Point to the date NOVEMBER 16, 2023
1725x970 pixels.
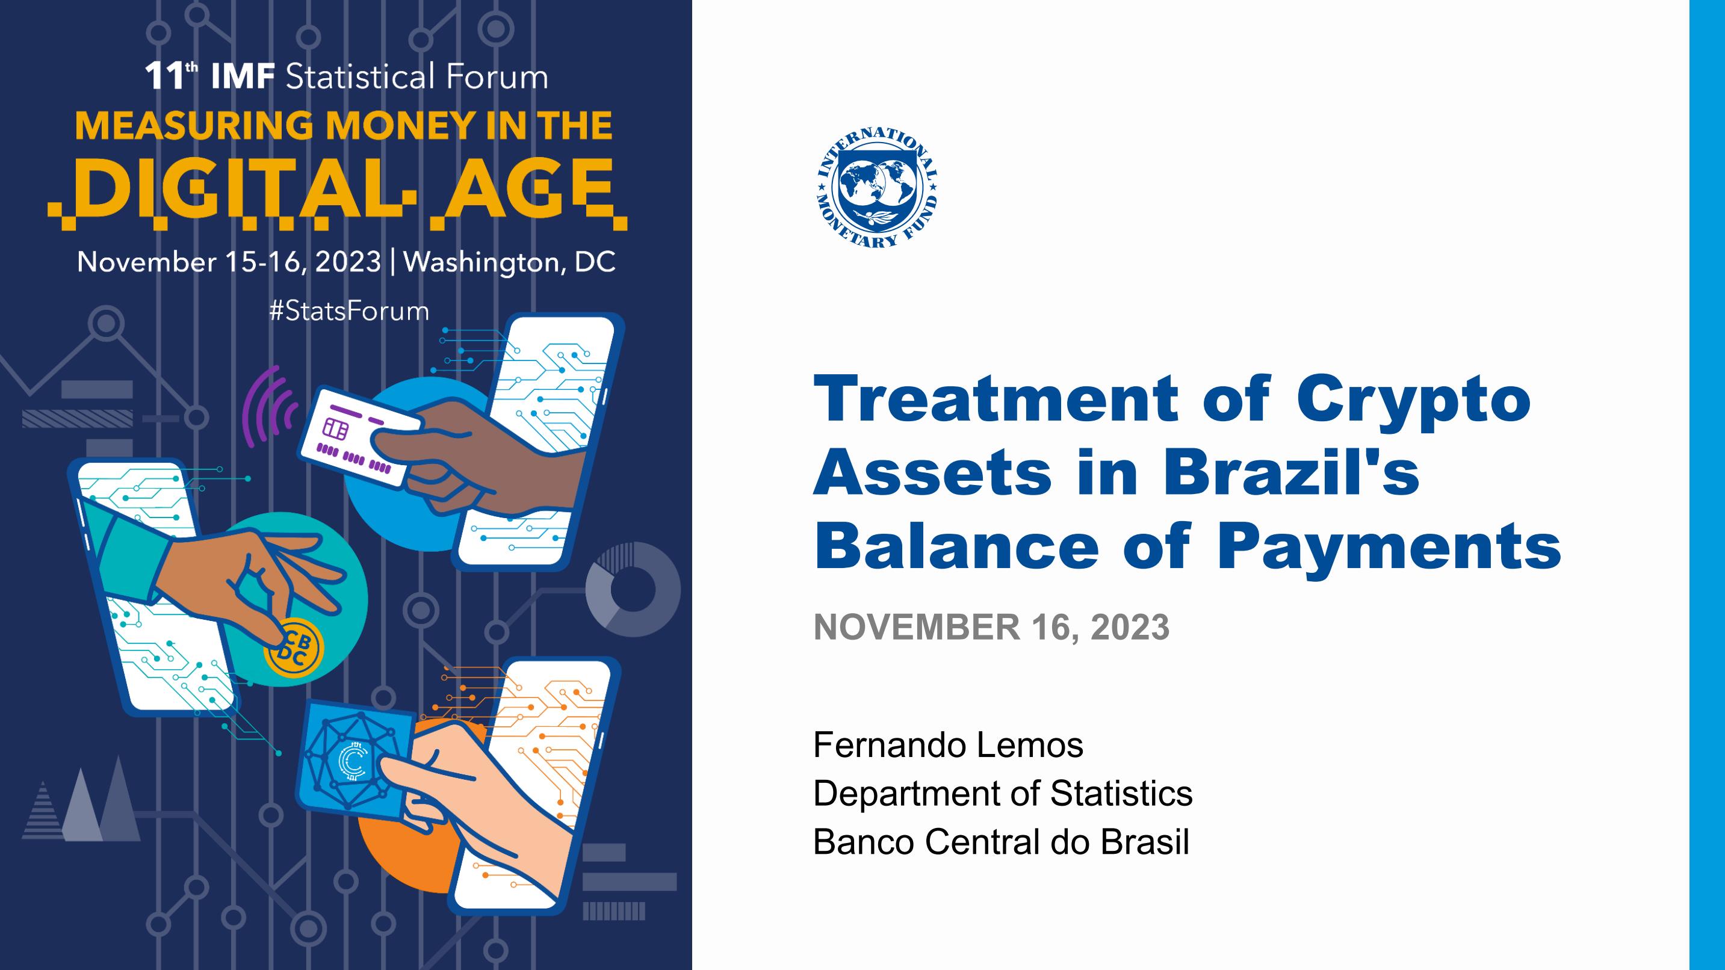[x=991, y=627]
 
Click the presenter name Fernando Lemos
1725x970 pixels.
[x=948, y=745]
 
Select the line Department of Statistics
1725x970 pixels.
[x=1003, y=793]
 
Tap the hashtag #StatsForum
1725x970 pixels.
[x=349, y=311]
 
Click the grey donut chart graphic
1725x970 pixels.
[x=633, y=589]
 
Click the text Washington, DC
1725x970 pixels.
[x=509, y=262]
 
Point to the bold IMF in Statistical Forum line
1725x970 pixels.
[x=243, y=77]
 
